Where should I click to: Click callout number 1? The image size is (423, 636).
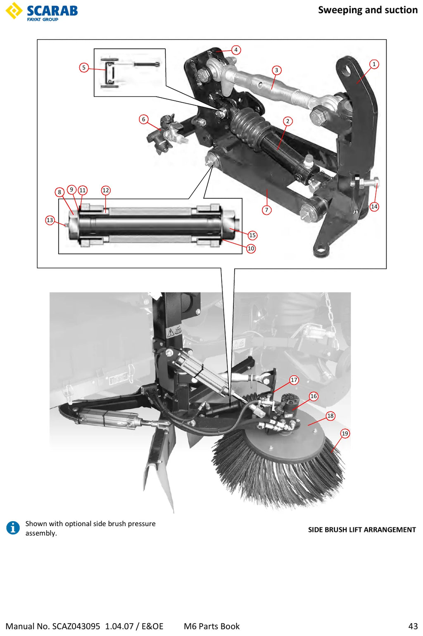pos(374,64)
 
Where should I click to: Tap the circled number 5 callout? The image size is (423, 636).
pos(84,68)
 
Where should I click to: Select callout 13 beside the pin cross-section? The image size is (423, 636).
pos(50,220)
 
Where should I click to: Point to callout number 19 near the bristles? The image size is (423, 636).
pos(345,434)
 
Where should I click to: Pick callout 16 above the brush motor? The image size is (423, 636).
pos(314,396)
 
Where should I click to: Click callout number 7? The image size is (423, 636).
pos(266,210)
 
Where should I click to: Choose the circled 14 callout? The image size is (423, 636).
pos(374,206)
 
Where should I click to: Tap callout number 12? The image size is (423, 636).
pos(106,190)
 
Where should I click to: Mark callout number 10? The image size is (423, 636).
pos(251,249)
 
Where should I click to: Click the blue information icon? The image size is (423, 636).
pos(13,528)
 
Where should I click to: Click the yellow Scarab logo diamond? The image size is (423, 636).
pos(14,10)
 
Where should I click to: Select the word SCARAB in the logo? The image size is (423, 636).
pos(52,11)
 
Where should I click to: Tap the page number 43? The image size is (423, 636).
pos(413,626)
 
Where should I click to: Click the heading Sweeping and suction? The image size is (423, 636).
pos(368,10)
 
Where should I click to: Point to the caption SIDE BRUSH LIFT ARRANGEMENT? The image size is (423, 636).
pos(362,530)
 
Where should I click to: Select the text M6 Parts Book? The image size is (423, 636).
pos(211,626)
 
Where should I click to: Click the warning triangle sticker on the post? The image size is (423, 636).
pos(170,332)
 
